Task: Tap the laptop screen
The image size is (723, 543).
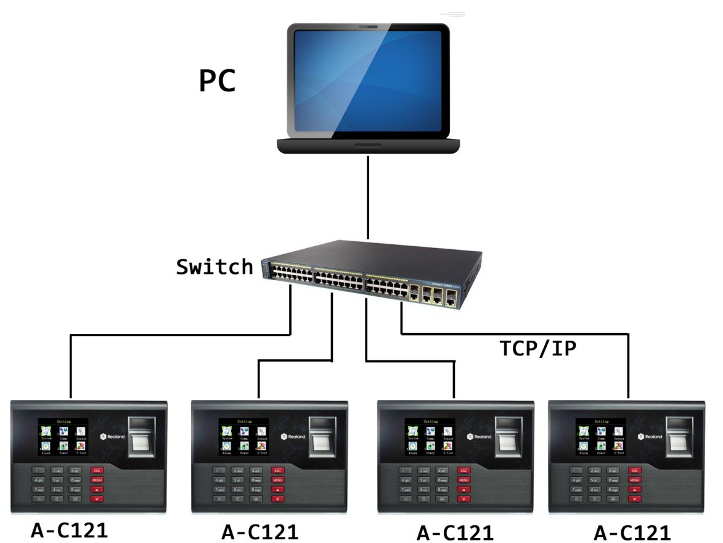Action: (x=369, y=80)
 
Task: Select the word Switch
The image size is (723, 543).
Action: (x=214, y=267)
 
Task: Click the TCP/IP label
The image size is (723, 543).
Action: (x=538, y=349)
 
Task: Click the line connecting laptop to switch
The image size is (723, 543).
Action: (x=368, y=197)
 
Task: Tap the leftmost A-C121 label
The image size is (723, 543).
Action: (x=69, y=529)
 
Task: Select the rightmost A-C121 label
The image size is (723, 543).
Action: (x=632, y=532)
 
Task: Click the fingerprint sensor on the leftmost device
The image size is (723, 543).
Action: (x=141, y=436)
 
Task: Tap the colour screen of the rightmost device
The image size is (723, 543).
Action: (x=601, y=437)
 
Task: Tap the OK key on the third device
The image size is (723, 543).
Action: (x=440, y=498)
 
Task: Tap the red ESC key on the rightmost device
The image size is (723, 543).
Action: (x=635, y=470)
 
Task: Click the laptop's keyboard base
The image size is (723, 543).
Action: (x=368, y=146)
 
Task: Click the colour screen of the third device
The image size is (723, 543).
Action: (x=430, y=437)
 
